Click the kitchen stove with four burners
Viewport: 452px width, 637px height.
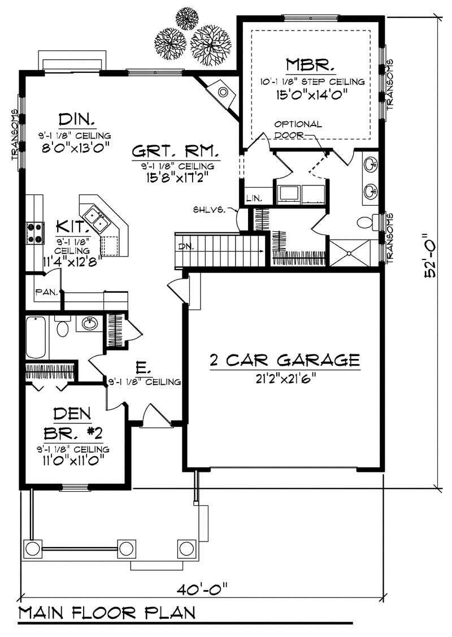[x=34, y=232]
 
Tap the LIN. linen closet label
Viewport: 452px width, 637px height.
[x=253, y=198]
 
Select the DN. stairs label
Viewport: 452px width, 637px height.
[x=184, y=246]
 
